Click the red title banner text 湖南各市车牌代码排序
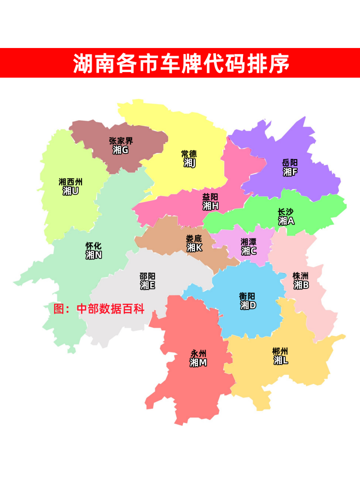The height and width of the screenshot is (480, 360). point(181,63)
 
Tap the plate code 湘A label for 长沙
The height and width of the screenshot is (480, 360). point(286,221)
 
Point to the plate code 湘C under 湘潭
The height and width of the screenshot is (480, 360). point(249,251)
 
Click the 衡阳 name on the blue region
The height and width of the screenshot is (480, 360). point(247,296)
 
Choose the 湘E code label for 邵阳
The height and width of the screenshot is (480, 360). point(147,285)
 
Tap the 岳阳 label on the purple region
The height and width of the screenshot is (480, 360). point(290,163)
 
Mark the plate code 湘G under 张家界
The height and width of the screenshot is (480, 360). point(120,150)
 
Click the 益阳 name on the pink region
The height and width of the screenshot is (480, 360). point(210,197)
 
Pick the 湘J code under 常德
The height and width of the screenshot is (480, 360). point(189,163)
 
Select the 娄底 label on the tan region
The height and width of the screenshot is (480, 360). point(194,238)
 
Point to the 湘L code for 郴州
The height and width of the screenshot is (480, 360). point(280,360)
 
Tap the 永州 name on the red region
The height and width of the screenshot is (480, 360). point(198,354)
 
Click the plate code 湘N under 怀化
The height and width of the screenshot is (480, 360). point(93,255)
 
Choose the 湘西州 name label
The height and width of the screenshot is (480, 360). point(70,182)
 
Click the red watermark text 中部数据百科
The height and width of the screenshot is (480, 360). point(111,309)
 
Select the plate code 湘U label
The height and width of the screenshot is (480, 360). point(70,191)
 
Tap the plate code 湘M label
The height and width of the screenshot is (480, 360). point(198,363)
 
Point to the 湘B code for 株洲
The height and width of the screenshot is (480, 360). point(301,285)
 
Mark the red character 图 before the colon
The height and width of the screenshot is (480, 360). point(59,309)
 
